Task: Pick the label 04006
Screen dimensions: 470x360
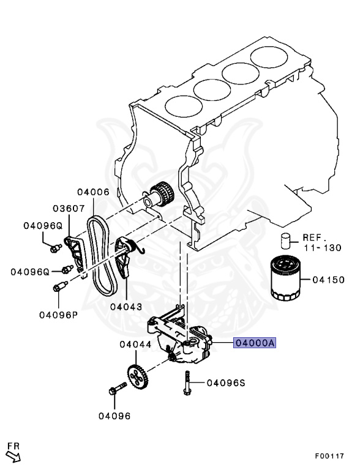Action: pos(92,192)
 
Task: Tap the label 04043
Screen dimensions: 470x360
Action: pos(126,306)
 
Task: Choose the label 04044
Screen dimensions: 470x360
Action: pos(135,345)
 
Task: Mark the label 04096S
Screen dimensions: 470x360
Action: pos(225,383)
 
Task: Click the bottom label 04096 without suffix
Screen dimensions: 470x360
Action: pos(114,416)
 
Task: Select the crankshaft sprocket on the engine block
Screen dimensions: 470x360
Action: pos(162,195)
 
